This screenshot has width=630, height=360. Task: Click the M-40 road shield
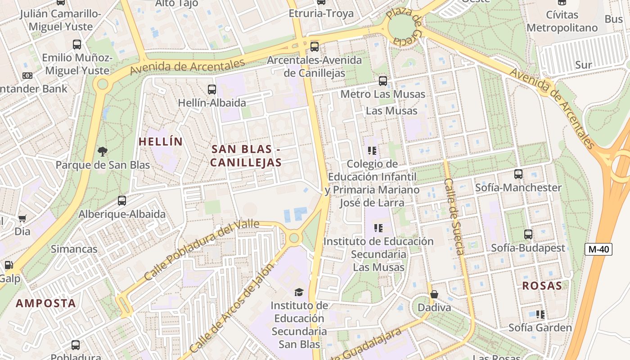click(x=598, y=249)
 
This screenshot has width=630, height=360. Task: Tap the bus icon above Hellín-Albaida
click(x=211, y=90)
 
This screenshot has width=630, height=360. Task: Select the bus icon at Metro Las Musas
click(x=382, y=81)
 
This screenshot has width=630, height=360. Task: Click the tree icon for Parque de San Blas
click(x=103, y=152)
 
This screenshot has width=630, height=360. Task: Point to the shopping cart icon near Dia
click(x=22, y=219)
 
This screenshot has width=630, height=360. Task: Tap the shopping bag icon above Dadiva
click(x=434, y=294)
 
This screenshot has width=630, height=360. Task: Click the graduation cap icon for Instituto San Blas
click(x=299, y=292)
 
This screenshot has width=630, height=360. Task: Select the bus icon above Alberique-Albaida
click(x=122, y=201)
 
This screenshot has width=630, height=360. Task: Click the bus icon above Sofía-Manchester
click(x=518, y=174)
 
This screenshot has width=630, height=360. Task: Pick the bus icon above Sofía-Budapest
click(x=528, y=234)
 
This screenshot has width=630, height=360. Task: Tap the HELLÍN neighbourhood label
click(x=161, y=142)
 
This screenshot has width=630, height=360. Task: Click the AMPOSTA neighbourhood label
click(x=46, y=303)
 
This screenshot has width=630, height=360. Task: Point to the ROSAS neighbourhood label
click(x=542, y=285)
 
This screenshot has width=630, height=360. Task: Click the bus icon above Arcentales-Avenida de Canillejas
click(x=314, y=46)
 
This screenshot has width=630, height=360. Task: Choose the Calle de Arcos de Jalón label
click(x=231, y=309)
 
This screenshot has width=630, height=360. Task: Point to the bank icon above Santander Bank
click(x=27, y=76)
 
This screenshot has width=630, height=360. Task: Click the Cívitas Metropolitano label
click(x=562, y=21)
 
